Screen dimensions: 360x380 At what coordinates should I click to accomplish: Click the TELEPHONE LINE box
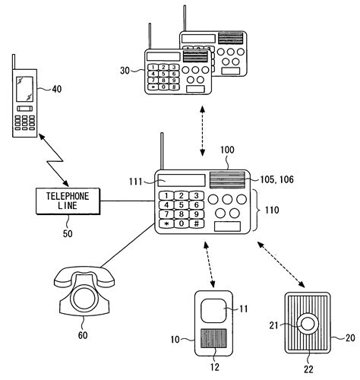click(68, 201)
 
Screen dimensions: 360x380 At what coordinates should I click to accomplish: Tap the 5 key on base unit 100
click(182, 205)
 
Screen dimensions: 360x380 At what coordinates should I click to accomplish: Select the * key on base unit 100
click(166, 223)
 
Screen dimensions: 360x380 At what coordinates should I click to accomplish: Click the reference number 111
click(136, 182)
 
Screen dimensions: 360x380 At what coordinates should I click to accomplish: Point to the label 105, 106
click(277, 179)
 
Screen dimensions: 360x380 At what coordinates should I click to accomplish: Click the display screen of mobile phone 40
click(24, 89)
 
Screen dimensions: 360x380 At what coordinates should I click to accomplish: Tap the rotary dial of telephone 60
click(84, 298)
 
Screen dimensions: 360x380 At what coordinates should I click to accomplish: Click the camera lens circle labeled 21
click(308, 324)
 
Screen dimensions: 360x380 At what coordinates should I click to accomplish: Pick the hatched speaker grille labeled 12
click(213, 338)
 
